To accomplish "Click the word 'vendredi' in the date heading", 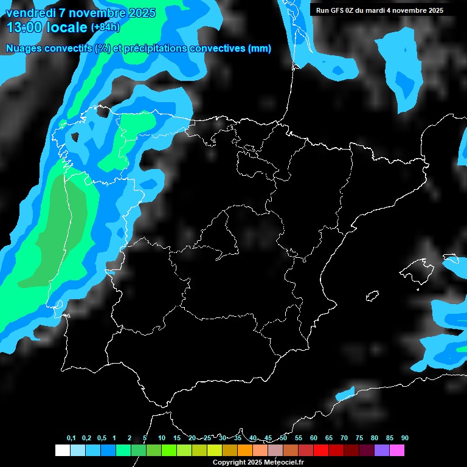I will pyautogui.click(x=29, y=13).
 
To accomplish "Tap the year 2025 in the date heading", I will pyautogui.click(x=142, y=13).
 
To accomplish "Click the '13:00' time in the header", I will pyautogui.click(x=25, y=27).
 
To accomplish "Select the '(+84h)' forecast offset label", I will pyautogui.click(x=106, y=27).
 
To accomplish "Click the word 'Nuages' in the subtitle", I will pyautogui.click(x=22, y=49).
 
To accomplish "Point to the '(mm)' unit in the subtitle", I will pyautogui.click(x=260, y=49).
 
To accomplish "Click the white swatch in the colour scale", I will pyautogui.click(x=62, y=451).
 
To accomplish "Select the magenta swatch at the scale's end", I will pyautogui.click(x=397, y=451).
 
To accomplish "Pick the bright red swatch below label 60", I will pyautogui.click(x=320, y=451).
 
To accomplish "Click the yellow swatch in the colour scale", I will pyautogui.click(x=214, y=451).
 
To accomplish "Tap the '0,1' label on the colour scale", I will pyautogui.click(x=71, y=438).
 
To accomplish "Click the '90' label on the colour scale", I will pyautogui.click(x=404, y=438).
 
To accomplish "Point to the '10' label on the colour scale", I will pyautogui.click(x=161, y=438).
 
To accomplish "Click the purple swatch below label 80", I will pyautogui.click(x=382, y=451).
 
